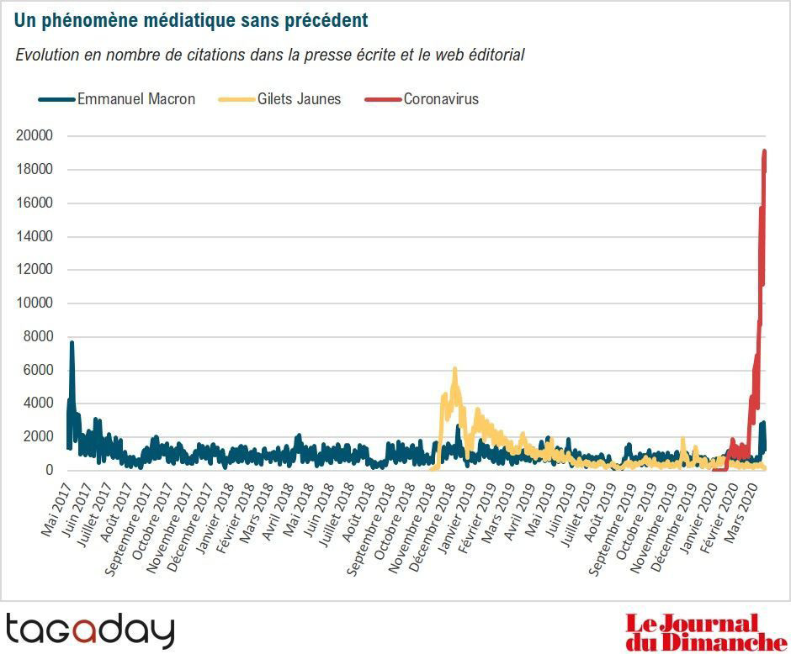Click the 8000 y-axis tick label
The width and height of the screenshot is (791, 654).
tap(39, 337)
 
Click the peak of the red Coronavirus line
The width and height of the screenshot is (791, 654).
tap(764, 151)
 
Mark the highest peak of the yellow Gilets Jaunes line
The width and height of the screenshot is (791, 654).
tap(454, 369)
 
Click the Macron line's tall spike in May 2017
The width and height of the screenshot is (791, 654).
tap(72, 343)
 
